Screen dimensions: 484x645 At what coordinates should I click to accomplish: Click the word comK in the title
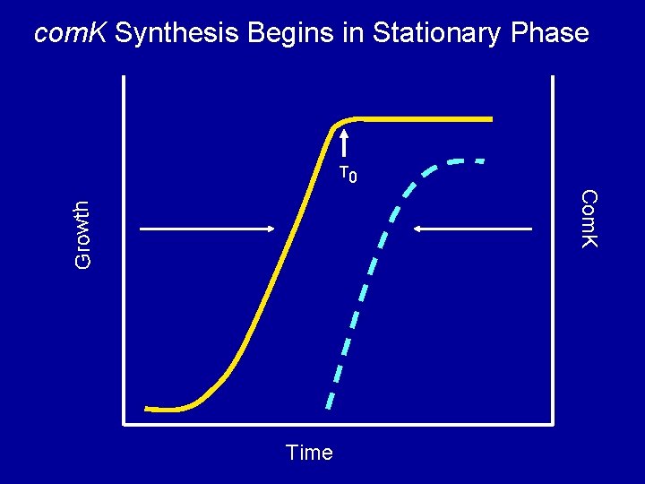(71, 34)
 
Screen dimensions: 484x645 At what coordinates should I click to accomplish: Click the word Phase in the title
(551, 34)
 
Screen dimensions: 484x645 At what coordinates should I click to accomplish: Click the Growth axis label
(82, 234)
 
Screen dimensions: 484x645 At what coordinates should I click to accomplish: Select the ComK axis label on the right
(588, 219)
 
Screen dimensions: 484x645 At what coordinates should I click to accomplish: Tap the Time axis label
(309, 453)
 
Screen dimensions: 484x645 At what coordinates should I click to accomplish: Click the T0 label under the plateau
(348, 174)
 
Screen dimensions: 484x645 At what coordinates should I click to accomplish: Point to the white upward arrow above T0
(344, 147)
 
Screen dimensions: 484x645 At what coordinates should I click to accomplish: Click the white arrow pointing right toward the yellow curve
(206, 229)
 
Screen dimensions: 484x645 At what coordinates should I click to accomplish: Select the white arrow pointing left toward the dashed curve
(473, 229)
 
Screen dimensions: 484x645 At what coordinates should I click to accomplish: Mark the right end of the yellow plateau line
(491, 118)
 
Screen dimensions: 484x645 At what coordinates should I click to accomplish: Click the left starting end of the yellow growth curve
(148, 409)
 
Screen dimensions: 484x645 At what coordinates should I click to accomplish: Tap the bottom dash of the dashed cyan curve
(330, 395)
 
